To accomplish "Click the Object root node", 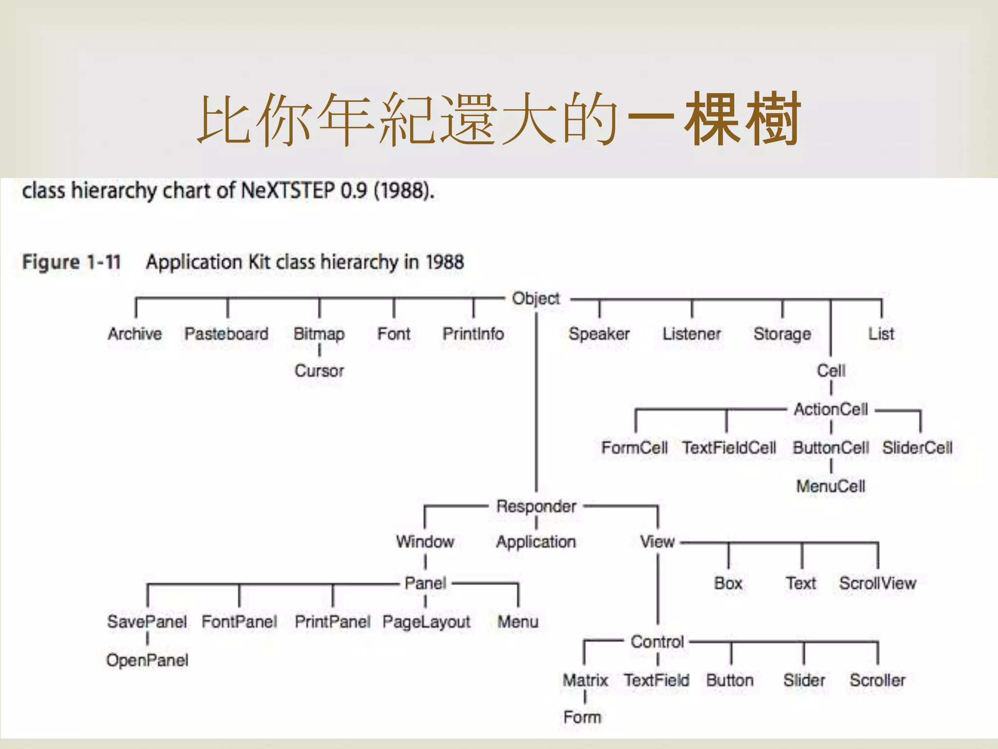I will (x=536, y=298).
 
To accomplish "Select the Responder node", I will (x=536, y=506).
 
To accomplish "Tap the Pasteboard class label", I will (x=227, y=334).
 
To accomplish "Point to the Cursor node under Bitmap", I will (x=319, y=371).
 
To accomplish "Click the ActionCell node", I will (x=831, y=409).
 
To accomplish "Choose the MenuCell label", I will (x=831, y=486).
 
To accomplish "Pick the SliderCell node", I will (x=917, y=448).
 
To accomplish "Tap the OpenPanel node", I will (x=147, y=660).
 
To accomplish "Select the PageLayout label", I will (x=426, y=622).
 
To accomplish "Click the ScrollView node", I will (x=878, y=583).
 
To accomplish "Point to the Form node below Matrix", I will (x=582, y=717).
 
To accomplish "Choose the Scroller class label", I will (x=878, y=680).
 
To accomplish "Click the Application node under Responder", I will (x=536, y=542).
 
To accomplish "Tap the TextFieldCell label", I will (x=729, y=448).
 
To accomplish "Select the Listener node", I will (x=691, y=334).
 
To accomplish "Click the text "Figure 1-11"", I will (x=72, y=262).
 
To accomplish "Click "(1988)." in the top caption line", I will (x=404, y=190).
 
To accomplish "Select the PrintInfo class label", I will (x=473, y=334).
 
